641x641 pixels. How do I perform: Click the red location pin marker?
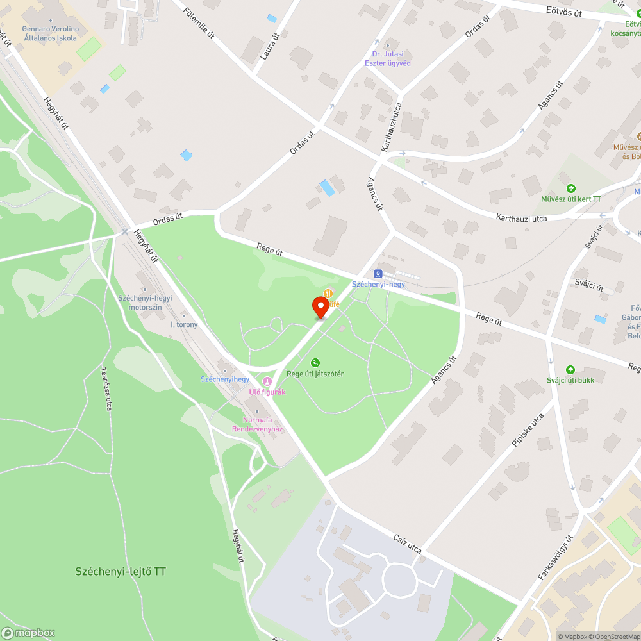point(320,306)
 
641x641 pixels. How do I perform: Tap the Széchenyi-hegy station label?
point(378,284)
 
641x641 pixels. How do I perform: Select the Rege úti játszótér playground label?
point(315,374)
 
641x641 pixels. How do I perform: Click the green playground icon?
point(315,363)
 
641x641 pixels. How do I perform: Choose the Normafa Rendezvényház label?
point(257,424)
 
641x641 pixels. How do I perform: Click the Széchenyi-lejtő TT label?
point(121,571)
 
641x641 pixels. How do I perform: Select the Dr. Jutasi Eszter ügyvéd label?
point(388,58)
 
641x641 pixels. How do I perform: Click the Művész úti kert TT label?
point(570,199)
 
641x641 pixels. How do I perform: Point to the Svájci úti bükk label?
point(570,380)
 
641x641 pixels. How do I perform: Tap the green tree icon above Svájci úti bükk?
point(570,370)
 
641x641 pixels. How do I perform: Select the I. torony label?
point(184,324)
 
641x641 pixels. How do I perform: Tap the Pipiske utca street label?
point(528,430)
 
